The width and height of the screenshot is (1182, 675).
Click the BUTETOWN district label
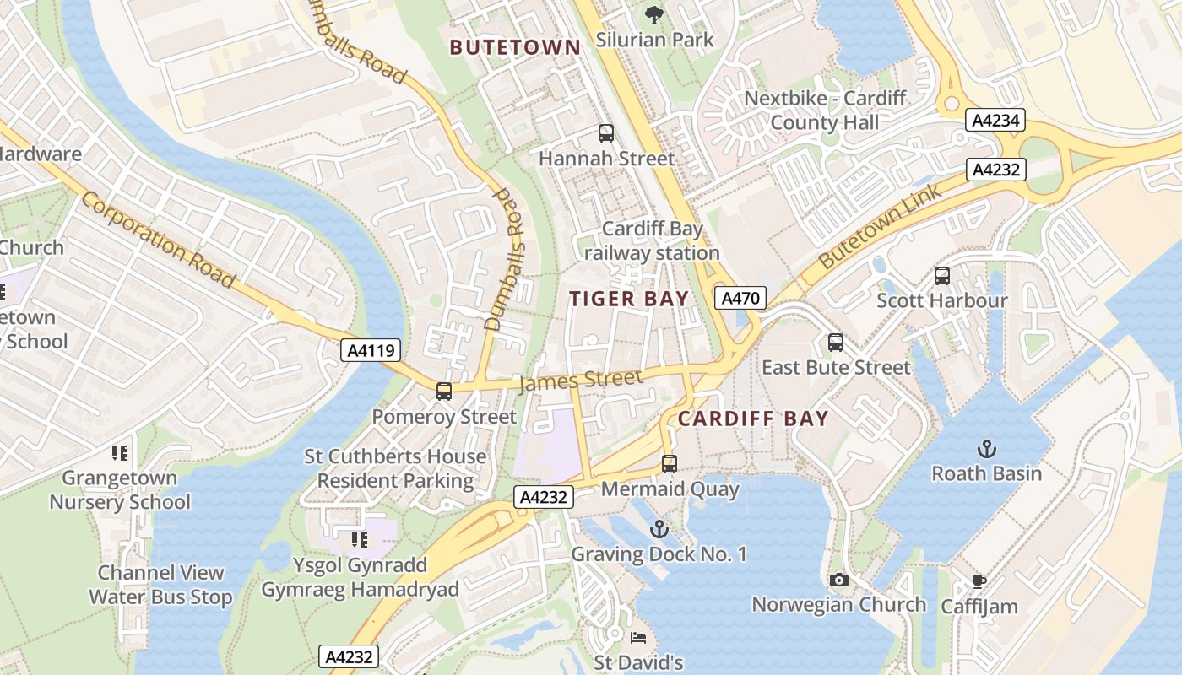tap(515, 47)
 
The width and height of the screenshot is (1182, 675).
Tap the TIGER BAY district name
tap(629, 299)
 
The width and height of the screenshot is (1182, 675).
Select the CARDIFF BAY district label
tap(753, 418)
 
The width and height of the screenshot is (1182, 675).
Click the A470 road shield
tap(740, 298)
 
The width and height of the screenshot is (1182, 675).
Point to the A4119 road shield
tap(371, 350)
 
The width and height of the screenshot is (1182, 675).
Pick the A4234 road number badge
tap(995, 121)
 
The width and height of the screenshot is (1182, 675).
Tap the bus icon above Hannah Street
tap(606, 132)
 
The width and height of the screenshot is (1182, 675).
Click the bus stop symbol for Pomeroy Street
tap(444, 391)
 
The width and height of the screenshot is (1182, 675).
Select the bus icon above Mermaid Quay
tap(670, 463)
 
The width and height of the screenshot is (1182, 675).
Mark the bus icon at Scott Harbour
tap(942, 275)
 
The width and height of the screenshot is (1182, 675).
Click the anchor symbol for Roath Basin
tap(986, 448)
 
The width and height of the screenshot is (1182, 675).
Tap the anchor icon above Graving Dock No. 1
tap(659, 529)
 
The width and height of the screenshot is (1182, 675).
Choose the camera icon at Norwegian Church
tap(838, 580)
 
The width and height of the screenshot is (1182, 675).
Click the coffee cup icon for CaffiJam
tap(979, 581)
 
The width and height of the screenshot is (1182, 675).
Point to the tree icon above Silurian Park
tap(653, 14)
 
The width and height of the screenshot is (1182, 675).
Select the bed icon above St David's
tap(638, 638)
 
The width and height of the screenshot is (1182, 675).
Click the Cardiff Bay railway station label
tap(652, 241)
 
